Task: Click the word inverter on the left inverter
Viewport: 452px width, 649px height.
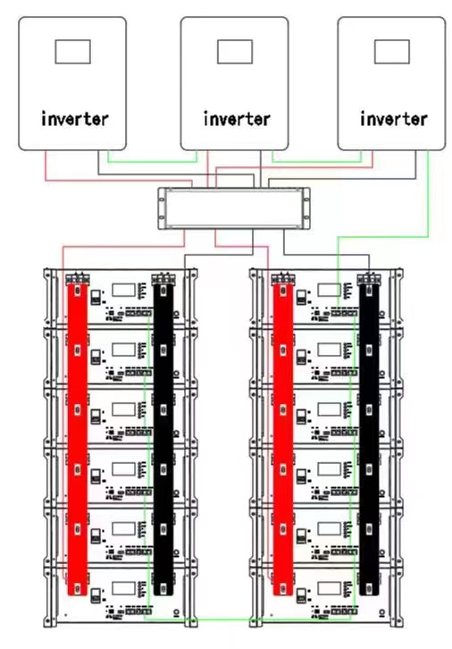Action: [75, 119]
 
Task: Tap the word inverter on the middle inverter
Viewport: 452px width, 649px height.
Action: [237, 119]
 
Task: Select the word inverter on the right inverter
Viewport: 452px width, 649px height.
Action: [394, 119]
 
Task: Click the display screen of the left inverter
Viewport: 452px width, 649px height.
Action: [72, 52]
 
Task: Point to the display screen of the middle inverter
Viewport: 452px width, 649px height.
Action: [235, 52]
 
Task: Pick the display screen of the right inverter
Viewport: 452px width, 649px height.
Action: [392, 52]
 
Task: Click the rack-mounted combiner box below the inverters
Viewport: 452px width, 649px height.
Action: [234, 208]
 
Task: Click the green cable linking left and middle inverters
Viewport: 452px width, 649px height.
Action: [152, 162]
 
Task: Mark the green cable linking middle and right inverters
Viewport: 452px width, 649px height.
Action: [316, 162]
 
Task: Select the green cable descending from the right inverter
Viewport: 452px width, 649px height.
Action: [428, 195]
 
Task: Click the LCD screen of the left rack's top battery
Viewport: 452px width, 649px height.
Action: [123, 290]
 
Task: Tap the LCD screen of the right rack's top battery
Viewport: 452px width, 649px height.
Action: [330, 290]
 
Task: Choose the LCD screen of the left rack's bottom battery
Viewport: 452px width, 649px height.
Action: [123, 588]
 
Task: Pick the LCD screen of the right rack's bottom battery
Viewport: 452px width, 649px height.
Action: [330, 588]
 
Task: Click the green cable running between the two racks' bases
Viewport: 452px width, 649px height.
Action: [248, 619]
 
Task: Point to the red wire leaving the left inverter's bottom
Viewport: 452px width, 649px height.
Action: [118, 180]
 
